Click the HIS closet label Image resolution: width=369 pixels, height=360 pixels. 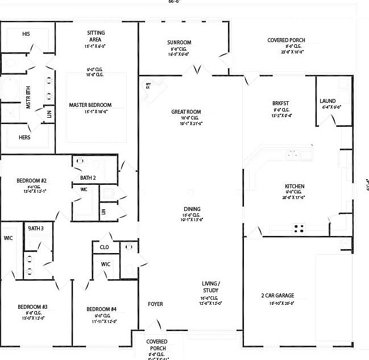coord(26,34)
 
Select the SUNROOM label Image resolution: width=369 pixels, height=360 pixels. coord(179,43)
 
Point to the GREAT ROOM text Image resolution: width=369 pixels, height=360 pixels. coord(186,112)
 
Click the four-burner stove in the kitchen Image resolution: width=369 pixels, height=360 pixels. coord(298,229)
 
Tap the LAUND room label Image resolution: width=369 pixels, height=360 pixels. coord(327,101)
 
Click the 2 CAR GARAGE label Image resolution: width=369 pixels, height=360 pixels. coord(277,296)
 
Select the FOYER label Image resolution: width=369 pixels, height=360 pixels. coord(155,304)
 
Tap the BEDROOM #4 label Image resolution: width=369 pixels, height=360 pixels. coord(101,309)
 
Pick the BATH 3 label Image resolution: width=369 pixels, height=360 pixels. coord(35,228)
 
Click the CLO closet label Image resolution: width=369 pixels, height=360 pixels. coord(105,247)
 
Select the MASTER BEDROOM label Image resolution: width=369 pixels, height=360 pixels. coord(90,105)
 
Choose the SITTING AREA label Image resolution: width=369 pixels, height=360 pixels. coord(96,36)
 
